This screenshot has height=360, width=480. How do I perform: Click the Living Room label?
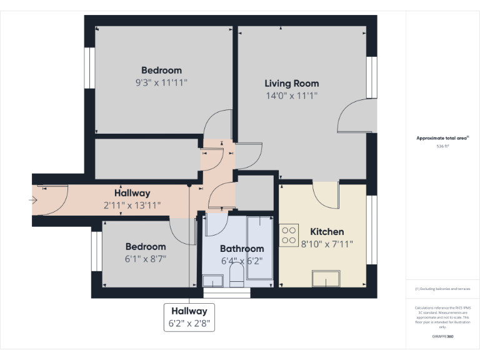[x=291, y=83]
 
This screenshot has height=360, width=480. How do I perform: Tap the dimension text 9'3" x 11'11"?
[x=161, y=82]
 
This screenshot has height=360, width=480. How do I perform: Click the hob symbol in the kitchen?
[x=289, y=235]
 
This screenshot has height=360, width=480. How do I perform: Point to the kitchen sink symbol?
[x=326, y=278]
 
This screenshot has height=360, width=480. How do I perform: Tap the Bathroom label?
[x=242, y=249]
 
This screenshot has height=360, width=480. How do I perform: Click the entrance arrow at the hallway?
[x=32, y=200]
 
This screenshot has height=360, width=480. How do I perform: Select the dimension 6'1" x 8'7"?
[x=146, y=259]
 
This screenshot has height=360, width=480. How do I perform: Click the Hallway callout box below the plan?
[x=189, y=317]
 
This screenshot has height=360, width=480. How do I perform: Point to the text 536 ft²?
[x=443, y=146]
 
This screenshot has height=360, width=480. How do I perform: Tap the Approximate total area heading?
[x=442, y=138]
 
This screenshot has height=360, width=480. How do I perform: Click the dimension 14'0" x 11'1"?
[x=291, y=96]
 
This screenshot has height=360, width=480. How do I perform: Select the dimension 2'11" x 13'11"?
[x=132, y=205]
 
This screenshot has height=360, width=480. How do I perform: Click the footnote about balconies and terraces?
[x=442, y=289]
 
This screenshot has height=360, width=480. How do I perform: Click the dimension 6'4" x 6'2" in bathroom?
[x=242, y=261]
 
